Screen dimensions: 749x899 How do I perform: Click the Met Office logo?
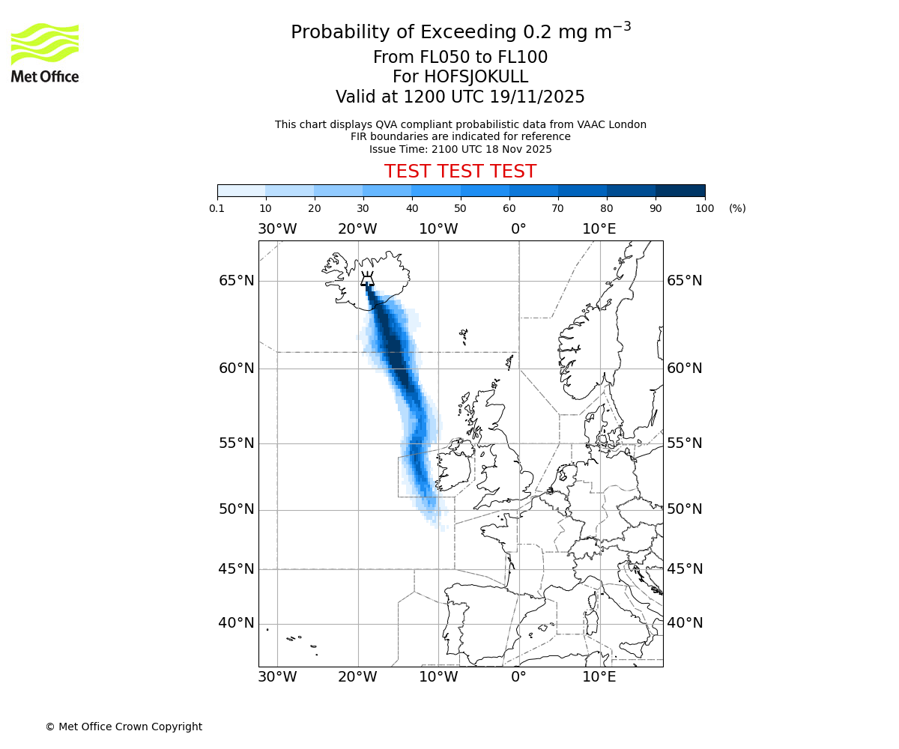pyautogui.click(x=45, y=52)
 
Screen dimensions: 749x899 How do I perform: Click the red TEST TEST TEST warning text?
pyautogui.click(x=460, y=172)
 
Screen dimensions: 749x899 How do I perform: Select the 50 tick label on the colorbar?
pyautogui.click(x=461, y=208)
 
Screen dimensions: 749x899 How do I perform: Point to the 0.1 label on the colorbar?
pyautogui.click(x=217, y=208)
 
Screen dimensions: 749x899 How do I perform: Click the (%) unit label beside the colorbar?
pyautogui.click(x=737, y=208)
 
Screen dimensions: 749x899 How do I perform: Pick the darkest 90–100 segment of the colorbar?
pyautogui.click(x=680, y=190)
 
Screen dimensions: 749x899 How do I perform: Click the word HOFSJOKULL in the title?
pyautogui.click(x=476, y=77)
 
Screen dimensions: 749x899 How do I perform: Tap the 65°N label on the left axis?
pyautogui.click(x=236, y=281)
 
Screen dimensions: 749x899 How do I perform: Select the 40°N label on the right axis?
pyautogui.click(x=685, y=623)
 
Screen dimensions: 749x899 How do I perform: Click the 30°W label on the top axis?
pyautogui.click(x=277, y=228)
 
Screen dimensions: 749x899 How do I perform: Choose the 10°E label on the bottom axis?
pyautogui.click(x=599, y=677)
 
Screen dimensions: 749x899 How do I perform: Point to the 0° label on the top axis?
pyautogui.click(x=518, y=228)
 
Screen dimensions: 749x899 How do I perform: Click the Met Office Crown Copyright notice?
pyautogui.click(x=124, y=727)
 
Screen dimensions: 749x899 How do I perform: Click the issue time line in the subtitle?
pyautogui.click(x=460, y=149)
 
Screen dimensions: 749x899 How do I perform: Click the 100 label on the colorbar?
pyautogui.click(x=705, y=208)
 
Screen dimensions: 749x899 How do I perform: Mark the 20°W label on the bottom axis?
pyautogui.click(x=357, y=677)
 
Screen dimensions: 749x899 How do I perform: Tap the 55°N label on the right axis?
pyautogui.click(x=685, y=443)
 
